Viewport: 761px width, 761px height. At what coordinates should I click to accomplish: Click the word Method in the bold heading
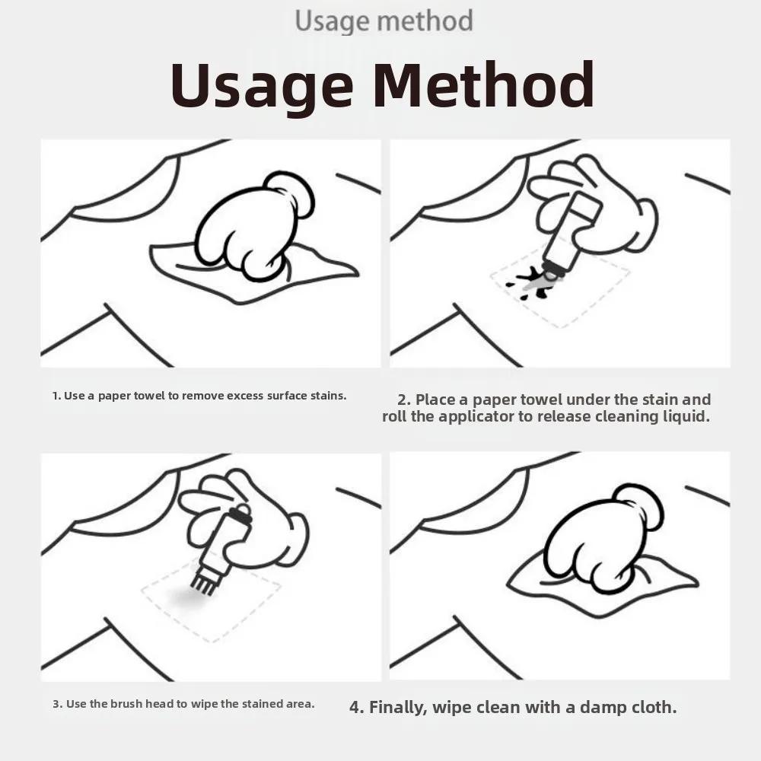tap(483, 84)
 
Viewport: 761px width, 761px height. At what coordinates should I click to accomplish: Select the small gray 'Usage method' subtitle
tap(384, 21)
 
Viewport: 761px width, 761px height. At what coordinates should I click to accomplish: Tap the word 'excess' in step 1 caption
tap(245, 396)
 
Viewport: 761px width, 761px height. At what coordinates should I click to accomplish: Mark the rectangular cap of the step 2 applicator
tap(584, 207)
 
